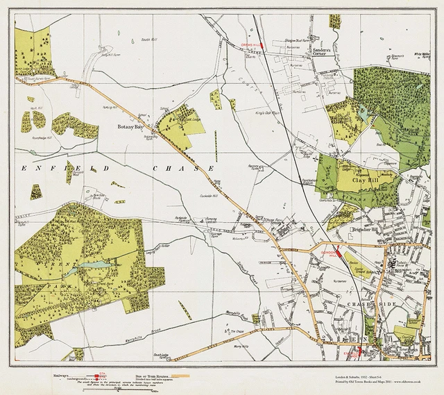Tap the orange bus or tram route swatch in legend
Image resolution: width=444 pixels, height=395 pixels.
[180, 375]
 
